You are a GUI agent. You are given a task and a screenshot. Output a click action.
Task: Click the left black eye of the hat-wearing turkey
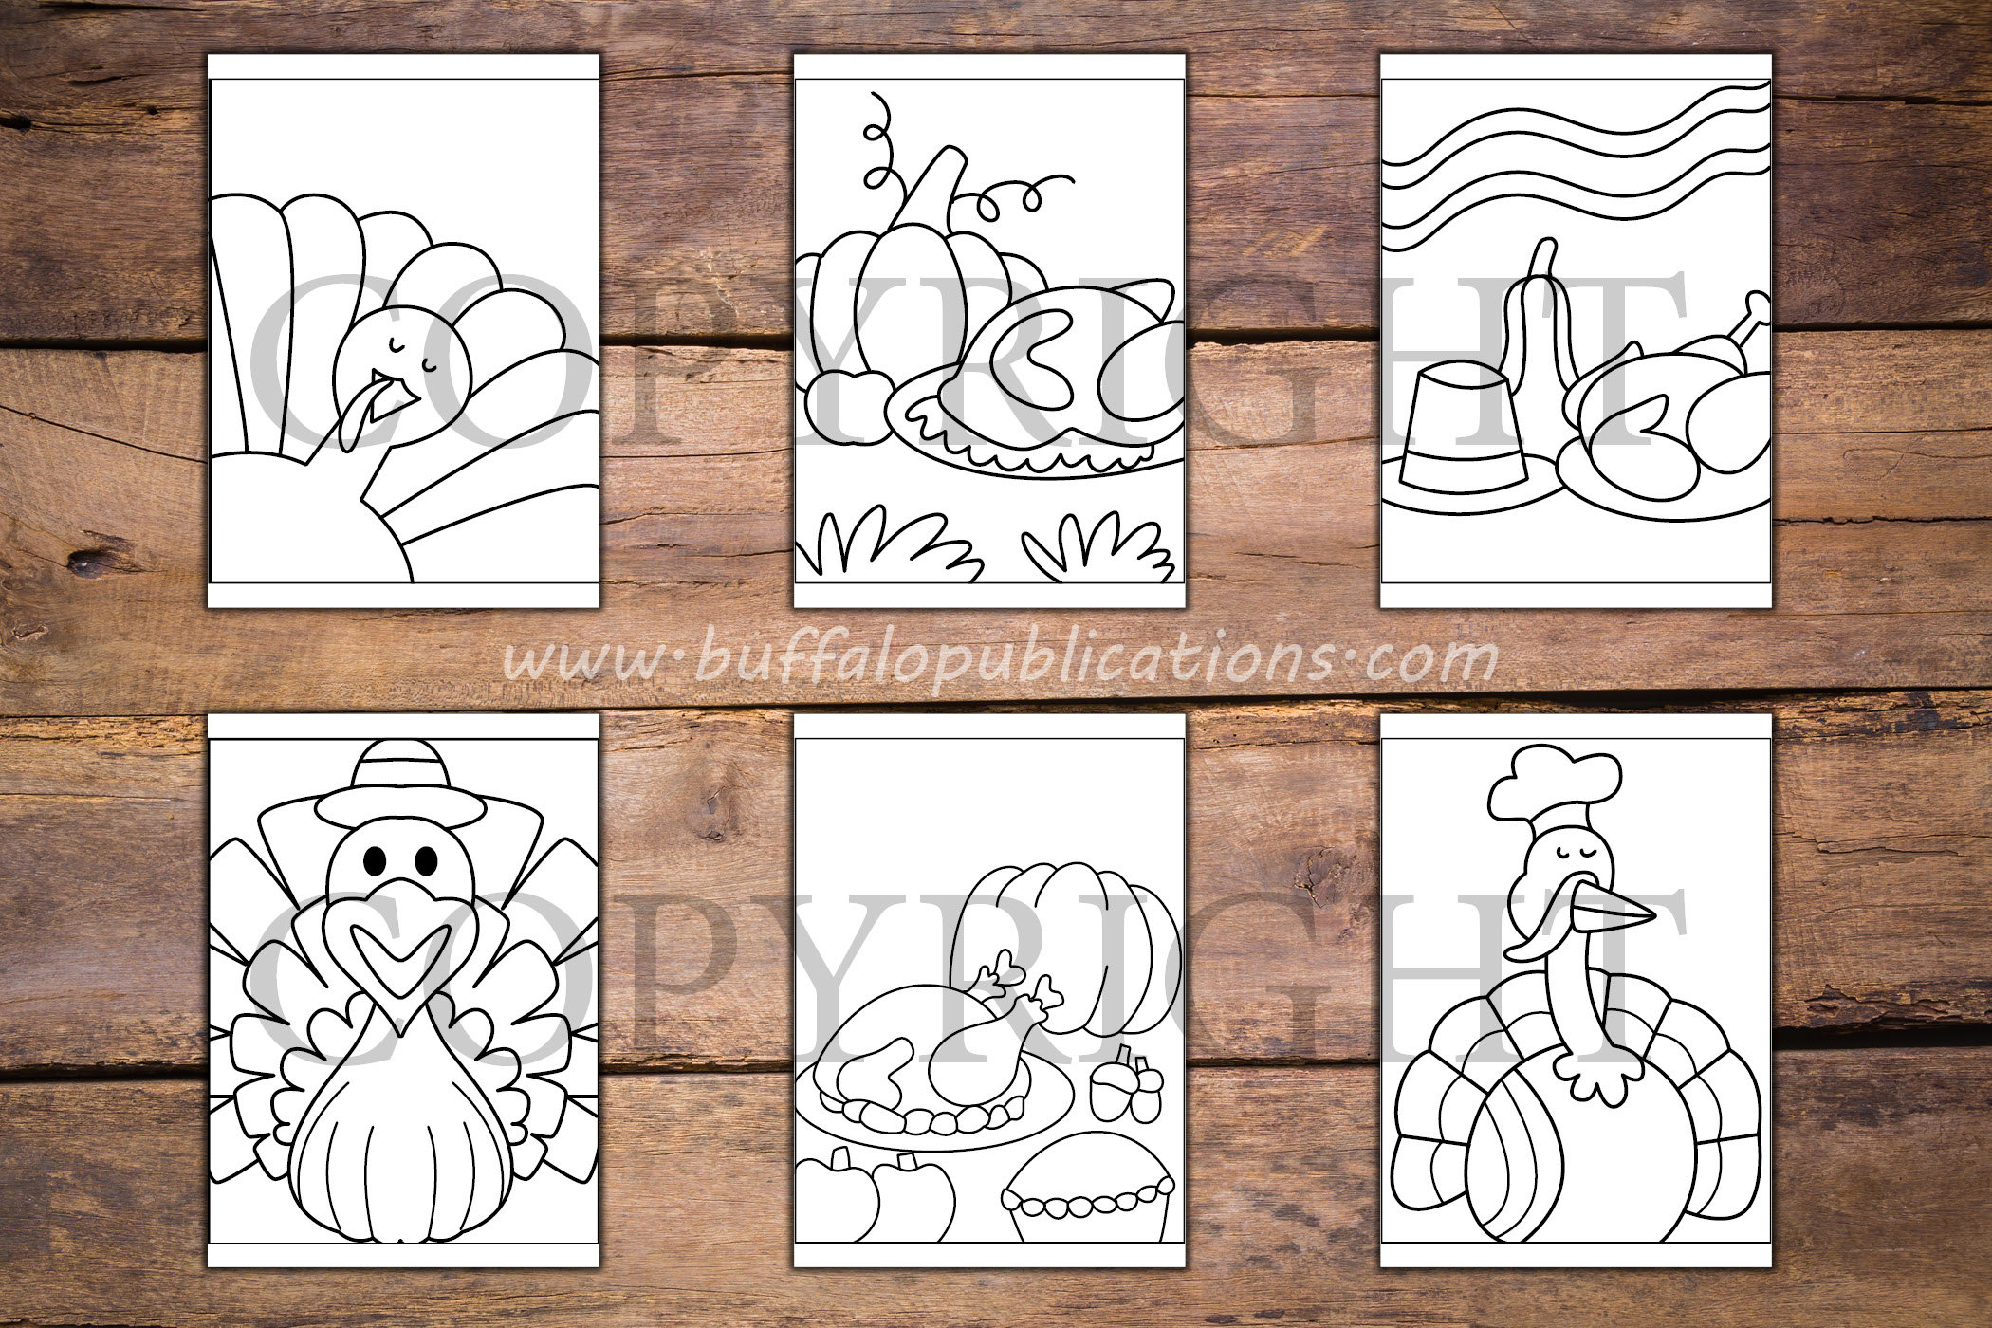tap(376, 860)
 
